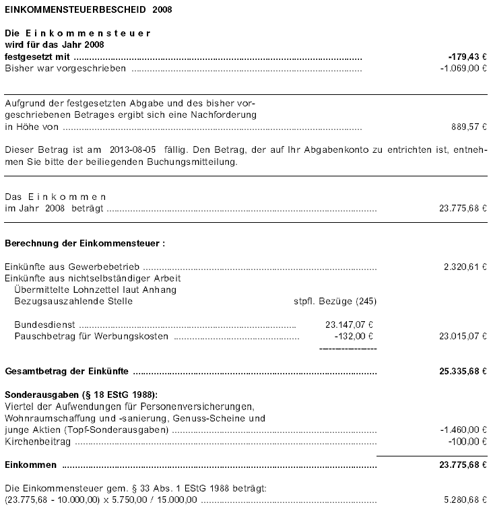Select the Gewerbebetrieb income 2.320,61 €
(x=465, y=267)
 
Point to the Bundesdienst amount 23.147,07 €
(x=349, y=324)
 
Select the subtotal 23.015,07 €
(x=463, y=335)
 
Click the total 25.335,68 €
(x=463, y=371)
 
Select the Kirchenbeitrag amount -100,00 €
(x=467, y=441)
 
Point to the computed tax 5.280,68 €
(x=465, y=499)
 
